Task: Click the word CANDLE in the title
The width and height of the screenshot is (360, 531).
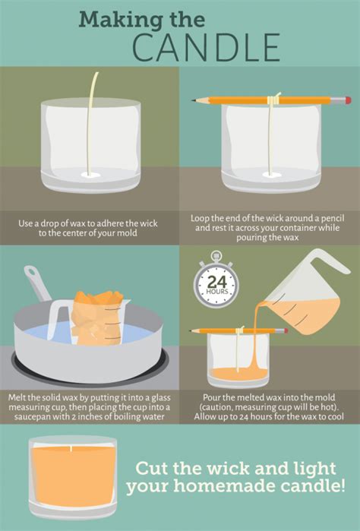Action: click(206, 46)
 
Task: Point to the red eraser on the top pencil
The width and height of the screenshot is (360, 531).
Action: click(348, 100)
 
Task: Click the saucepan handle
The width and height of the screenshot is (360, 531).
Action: click(35, 282)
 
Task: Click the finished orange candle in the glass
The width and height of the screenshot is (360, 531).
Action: click(73, 477)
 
